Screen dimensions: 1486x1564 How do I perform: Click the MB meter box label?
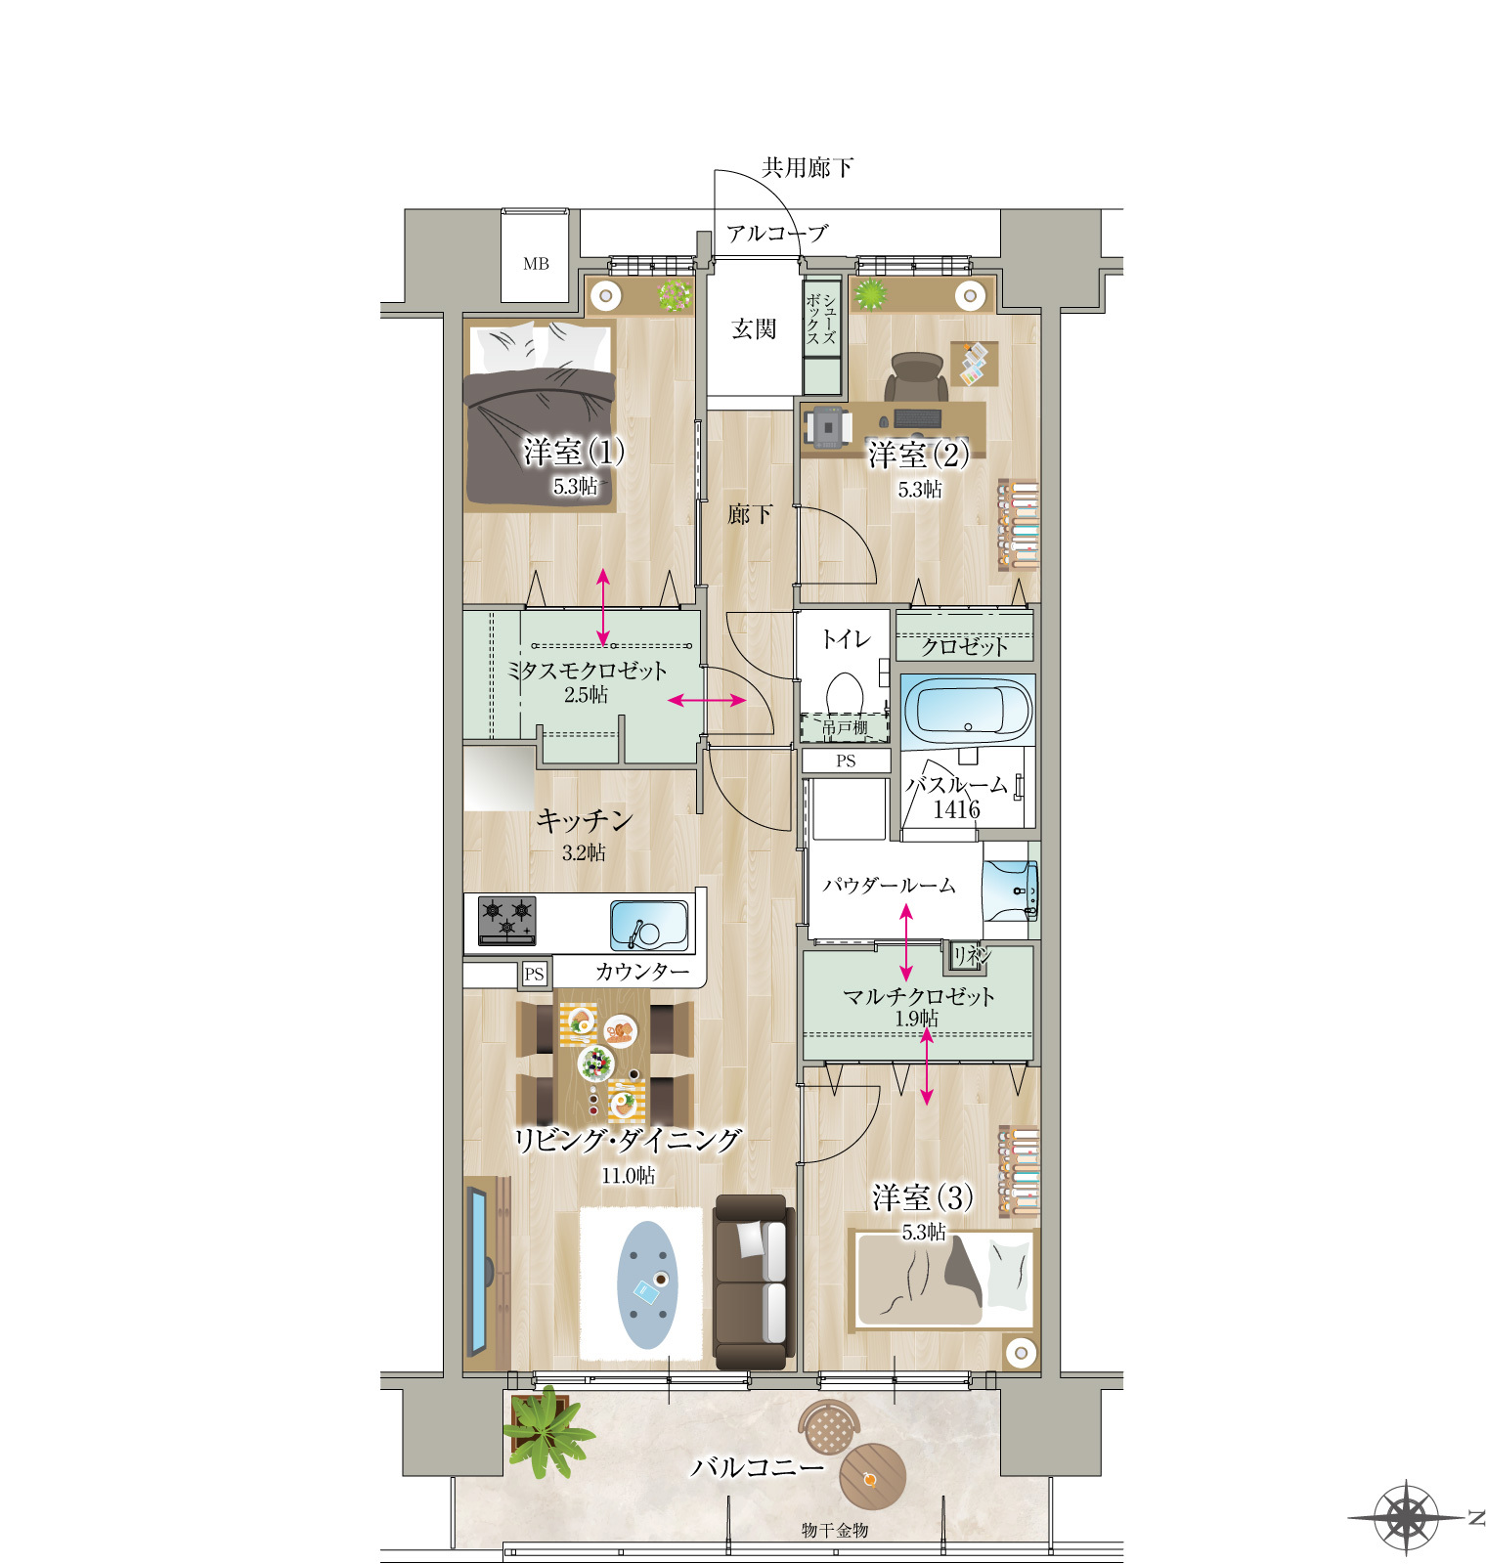[x=536, y=264]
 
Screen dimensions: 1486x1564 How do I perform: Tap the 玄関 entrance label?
[x=754, y=329]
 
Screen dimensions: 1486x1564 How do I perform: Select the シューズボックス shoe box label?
[x=821, y=319]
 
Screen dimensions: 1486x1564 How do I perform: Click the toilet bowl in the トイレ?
[x=845, y=696]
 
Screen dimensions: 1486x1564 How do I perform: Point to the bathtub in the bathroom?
[x=967, y=709]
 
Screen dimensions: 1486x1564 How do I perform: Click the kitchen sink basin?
[x=649, y=925]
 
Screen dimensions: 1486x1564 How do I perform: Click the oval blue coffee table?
[x=647, y=1284]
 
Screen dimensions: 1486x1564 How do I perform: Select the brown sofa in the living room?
[x=752, y=1281]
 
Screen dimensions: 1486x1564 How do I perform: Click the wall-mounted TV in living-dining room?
[x=478, y=1270]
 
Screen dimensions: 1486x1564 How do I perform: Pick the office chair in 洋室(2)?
[x=917, y=377]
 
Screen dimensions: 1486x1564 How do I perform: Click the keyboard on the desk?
[x=918, y=418]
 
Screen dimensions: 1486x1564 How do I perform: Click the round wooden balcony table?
[x=872, y=1478]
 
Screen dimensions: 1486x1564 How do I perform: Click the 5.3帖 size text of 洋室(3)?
[x=924, y=1232]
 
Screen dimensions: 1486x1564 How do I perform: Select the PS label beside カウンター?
[x=534, y=974]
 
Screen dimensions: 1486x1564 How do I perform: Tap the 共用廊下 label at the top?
[x=808, y=168]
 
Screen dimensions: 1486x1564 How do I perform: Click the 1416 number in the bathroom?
[x=956, y=809]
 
